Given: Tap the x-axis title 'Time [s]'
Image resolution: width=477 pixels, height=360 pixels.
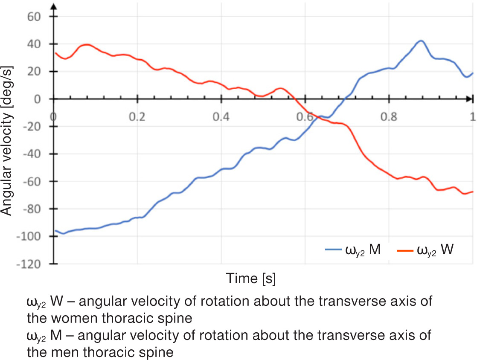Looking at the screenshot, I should pos(251,279).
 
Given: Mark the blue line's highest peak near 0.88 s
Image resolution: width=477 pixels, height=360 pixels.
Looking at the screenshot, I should pos(421,41).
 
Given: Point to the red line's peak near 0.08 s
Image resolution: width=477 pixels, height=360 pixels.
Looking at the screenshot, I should pos(87,44).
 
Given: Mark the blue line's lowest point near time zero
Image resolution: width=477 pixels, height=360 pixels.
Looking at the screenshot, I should pos(63,234).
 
